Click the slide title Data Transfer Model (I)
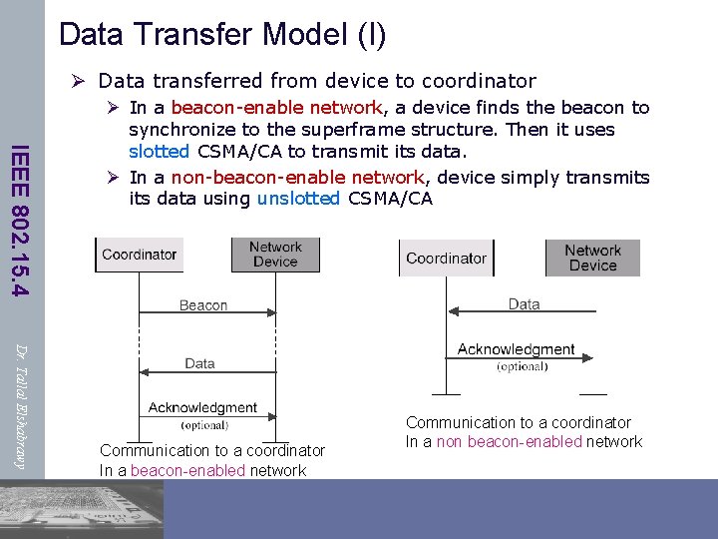(221, 34)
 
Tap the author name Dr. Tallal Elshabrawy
(21, 404)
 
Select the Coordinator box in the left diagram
(139, 255)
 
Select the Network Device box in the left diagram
(275, 255)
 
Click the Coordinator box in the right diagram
(446, 259)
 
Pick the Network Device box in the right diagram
(592, 259)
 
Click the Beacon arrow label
(203, 305)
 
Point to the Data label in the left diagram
(200, 363)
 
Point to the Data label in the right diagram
(524, 304)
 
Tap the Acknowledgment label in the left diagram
(202, 407)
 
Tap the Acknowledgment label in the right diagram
(516, 349)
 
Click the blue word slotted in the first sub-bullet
(159, 151)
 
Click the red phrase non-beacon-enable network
(298, 177)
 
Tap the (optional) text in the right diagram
(522, 366)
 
